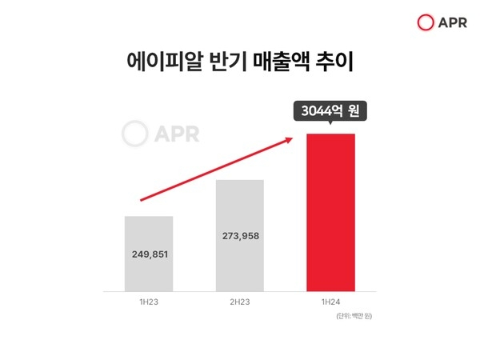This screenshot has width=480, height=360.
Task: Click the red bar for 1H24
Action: (x=330, y=212)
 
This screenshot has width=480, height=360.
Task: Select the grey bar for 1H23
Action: (x=149, y=253)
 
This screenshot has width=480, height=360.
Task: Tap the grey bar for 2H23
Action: (x=239, y=235)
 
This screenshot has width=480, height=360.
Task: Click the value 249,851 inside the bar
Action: (x=149, y=254)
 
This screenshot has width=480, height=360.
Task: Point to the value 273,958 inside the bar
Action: (x=239, y=236)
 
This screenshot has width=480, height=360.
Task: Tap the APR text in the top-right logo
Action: (x=453, y=22)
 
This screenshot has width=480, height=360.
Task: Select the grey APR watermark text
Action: (x=178, y=134)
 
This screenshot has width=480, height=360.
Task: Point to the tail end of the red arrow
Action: (x=142, y=199)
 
